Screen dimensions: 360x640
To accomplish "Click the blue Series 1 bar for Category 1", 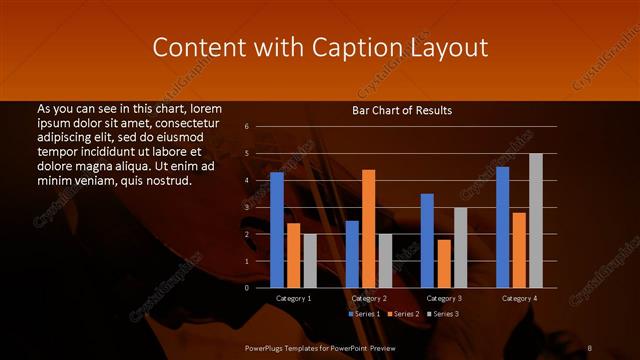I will (x=277, y=230).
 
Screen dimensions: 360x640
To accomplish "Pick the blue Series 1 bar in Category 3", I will (x=427, y=240).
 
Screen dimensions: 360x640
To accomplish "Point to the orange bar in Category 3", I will (x=443, y=263).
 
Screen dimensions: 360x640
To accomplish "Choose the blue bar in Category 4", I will (x=502, y=227).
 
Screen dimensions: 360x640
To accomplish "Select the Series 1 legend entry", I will (x=364, y=314).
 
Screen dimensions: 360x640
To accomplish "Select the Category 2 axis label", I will (x=369, y=298).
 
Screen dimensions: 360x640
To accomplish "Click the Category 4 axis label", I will (x=519, y=298).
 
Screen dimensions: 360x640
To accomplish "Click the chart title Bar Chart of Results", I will (x=402, y=110).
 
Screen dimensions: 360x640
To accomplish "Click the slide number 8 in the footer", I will (x=589, y=346).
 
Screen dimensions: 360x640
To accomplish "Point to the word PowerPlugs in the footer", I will (x=267, y=346).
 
